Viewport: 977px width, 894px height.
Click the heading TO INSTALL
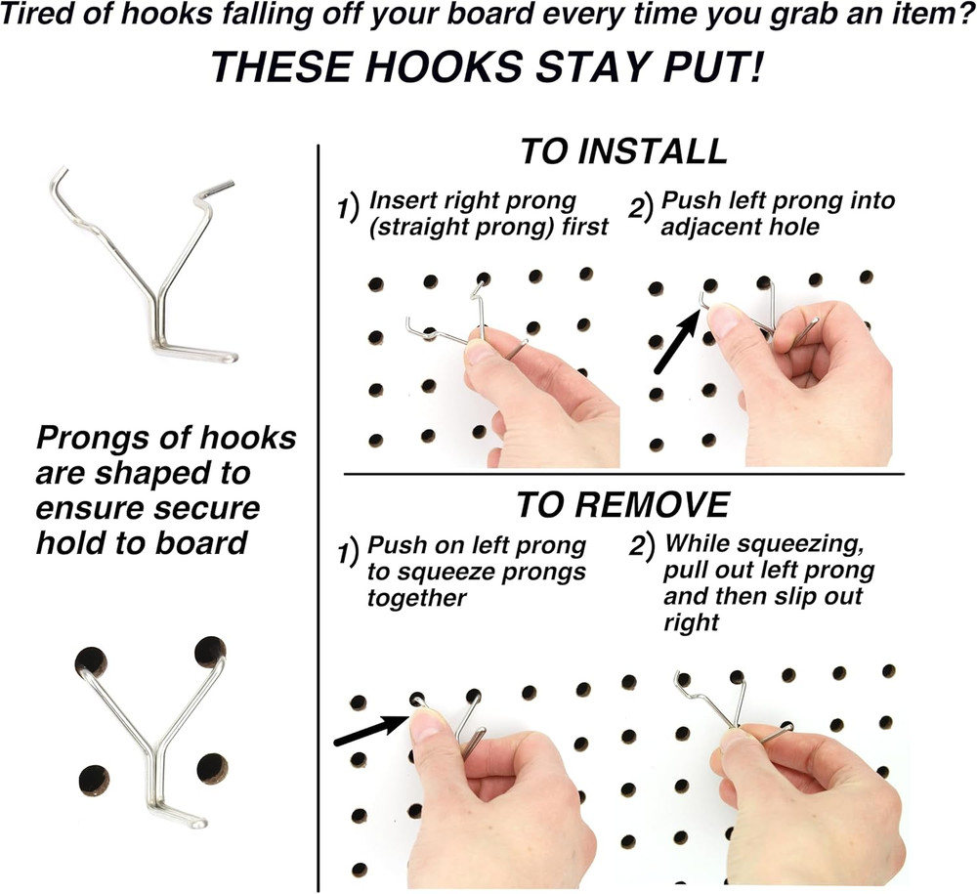point(623,152)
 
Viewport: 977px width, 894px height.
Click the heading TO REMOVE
point(622,504)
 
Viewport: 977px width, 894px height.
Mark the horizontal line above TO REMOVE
point(625,475)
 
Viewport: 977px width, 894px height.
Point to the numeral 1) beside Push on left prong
point(346,553)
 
